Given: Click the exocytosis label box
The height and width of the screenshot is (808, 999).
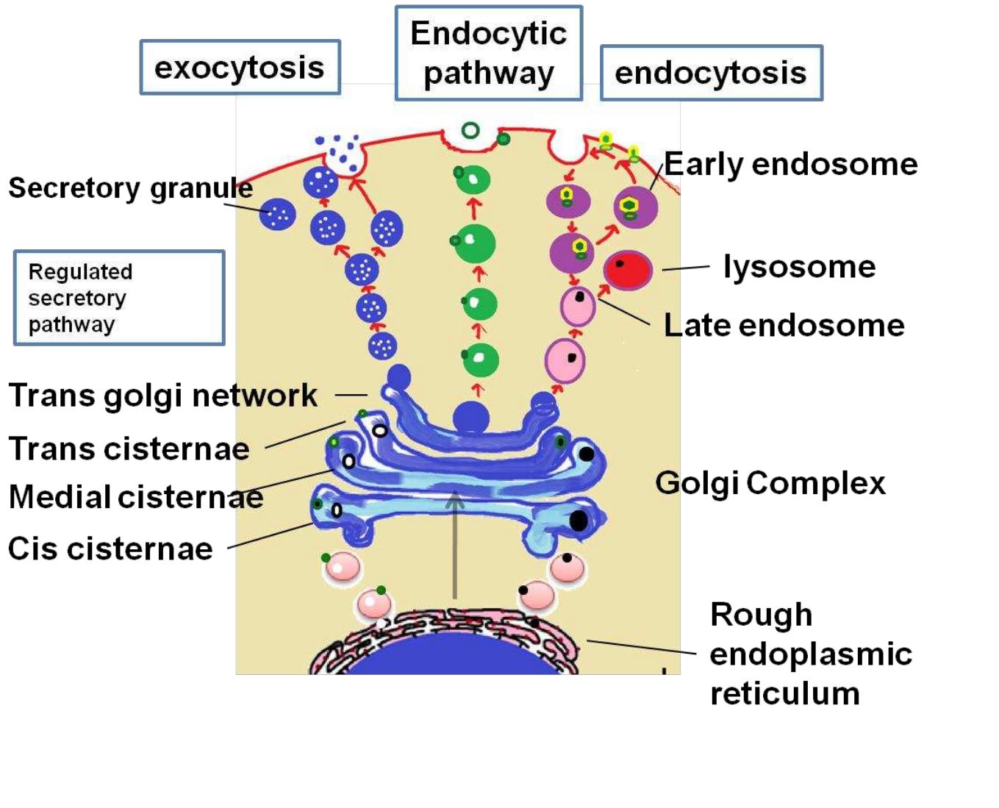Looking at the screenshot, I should pos(240,68).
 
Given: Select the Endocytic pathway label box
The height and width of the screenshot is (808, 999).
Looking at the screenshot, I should pos(489,54).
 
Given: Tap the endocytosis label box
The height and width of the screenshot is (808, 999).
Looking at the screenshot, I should pos(711,73).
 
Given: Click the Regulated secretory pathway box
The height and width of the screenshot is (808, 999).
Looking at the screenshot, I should pos(119,298).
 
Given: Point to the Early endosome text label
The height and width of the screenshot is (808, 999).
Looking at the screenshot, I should pos(791,164).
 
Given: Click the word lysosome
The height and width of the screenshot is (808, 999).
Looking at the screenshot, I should pos(799,266).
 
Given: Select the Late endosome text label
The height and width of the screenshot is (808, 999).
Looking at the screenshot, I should pos(784,325).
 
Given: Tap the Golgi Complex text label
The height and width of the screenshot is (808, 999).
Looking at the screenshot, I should pos(770,483).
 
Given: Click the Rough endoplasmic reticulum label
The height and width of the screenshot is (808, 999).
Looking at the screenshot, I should pos(811,654).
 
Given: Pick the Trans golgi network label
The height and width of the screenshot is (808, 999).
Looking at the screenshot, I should pos(162,396).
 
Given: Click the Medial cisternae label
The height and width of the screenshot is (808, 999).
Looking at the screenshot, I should pos(136,497).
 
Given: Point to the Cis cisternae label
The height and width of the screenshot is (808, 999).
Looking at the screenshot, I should pos(110,549).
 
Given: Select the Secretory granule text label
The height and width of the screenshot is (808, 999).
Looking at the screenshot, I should pos(130,188).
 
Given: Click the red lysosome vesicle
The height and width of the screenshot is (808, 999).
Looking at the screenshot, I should pos(628,270).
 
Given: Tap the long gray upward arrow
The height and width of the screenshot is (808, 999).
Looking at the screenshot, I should pos(455,544).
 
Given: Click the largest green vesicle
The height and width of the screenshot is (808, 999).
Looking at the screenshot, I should pos(475,244).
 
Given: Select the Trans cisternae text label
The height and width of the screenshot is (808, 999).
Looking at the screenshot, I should pos(129,448).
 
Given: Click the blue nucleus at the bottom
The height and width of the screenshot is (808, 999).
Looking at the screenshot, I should pos(450,658).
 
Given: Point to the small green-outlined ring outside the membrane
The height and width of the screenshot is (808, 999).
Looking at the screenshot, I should pos(470,131).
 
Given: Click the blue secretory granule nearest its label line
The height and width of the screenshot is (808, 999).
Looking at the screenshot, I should pos(279,215).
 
